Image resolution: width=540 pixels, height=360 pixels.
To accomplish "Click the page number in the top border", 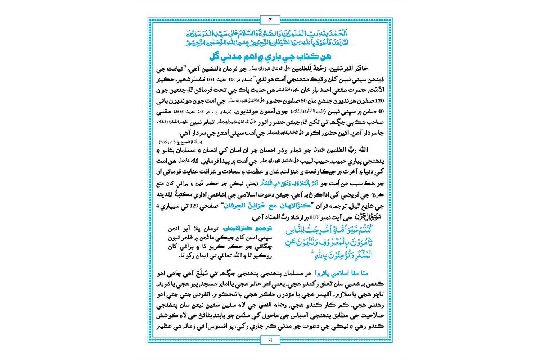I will (270, 19).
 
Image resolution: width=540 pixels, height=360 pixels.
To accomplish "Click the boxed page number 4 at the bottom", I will (270, 340).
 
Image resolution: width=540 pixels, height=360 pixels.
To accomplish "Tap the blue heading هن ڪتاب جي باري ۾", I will (270, 57).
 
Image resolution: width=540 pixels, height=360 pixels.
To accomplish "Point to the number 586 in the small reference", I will (163, 142).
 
